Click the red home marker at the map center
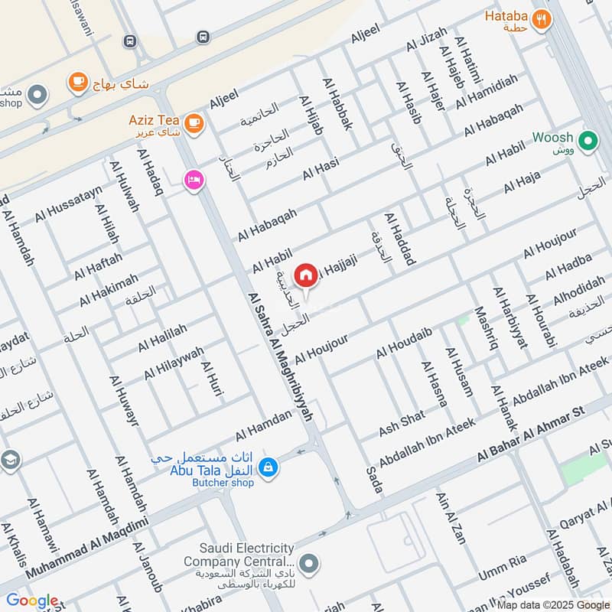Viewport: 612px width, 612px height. pos(306,275)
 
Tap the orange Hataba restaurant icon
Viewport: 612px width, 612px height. pos(542,19)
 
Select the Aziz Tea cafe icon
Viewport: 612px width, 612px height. pos(194,122)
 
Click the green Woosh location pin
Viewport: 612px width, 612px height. pos(588,141)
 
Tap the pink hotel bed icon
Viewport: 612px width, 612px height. pos(192,180)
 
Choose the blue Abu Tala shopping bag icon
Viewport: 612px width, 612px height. pos(268,465)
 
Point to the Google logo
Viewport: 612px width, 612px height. pos(32,601)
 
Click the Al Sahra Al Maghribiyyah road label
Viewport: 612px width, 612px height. pos(281,356)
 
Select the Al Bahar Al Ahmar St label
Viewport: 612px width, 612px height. pos(530,434)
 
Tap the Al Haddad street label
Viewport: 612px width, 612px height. pos(399,239)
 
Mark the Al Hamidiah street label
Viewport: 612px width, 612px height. pos(487,91)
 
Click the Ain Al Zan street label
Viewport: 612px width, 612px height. pos(451,517)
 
